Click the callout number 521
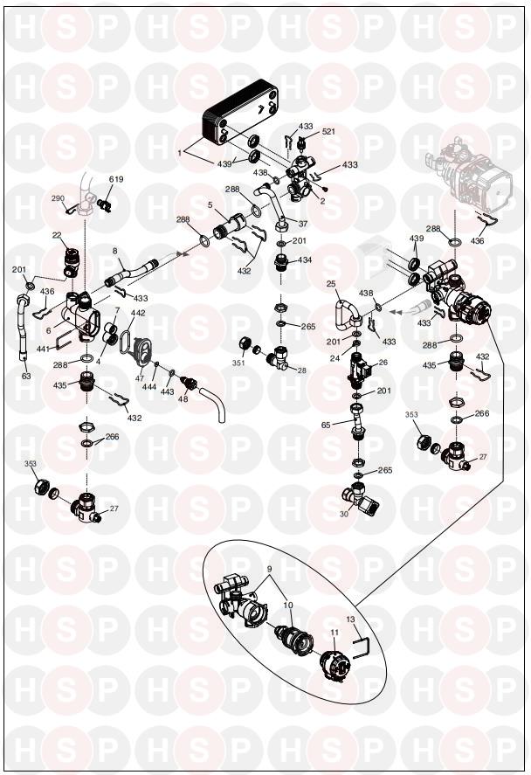click(x=328, y=131)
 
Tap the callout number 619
click(x=116, y=179)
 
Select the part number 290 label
click(x=58, y=198)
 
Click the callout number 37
click(x=303, y=224)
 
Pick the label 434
click(x=306, y=260)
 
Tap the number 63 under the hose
click(x=26, y=376)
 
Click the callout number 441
click(x=44, y=349)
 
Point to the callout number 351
click(x=238, y=363)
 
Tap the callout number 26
click(x=383, y=363)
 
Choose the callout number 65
click(x=326, y=425)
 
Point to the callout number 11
click(x=334, y=633)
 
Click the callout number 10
click(x=288, y=605)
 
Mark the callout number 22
click(x=57, y=235)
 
